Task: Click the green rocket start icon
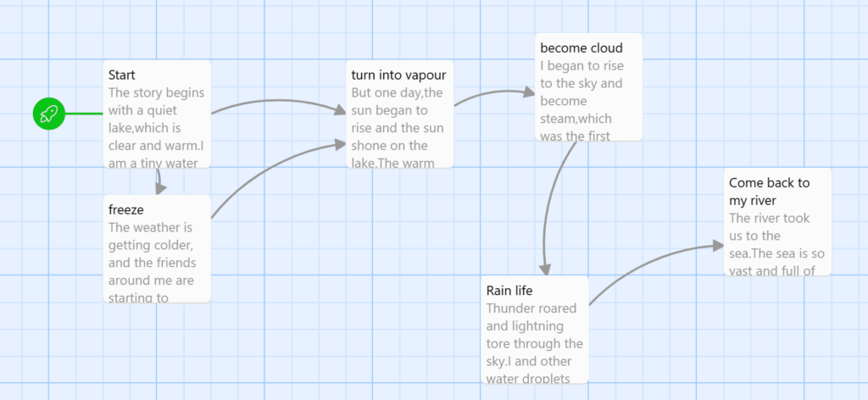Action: coord(48,114)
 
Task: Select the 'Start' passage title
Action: coord(122,75)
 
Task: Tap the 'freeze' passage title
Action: coord(126,209)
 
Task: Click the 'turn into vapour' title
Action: coord(398,75)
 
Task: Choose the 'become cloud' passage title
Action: coord(581,48)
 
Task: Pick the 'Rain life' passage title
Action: coord(509,291)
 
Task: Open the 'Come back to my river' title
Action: coord(770,192)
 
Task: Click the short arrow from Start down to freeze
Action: coord(159,181)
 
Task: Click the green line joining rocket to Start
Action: coord(84,114)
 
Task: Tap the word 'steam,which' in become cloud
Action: coord(576,119)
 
